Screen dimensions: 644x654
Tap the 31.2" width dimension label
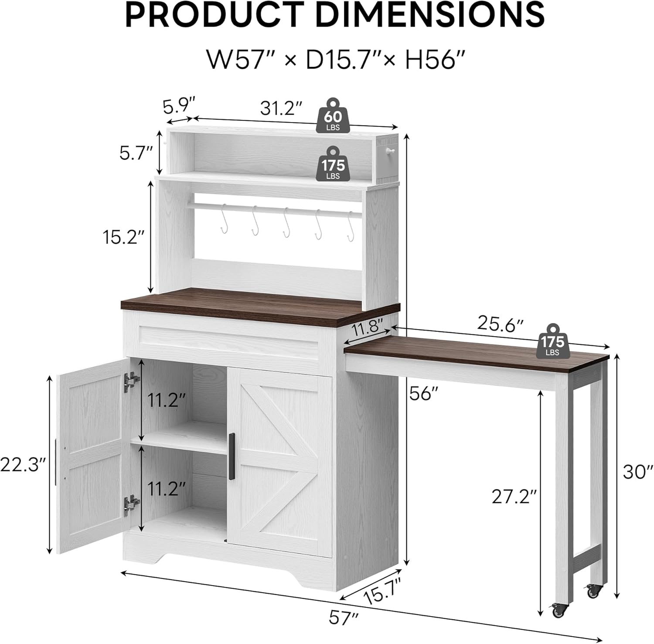(281, 108)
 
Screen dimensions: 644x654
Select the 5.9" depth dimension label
(178, 106)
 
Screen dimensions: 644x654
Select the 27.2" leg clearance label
(514, 496)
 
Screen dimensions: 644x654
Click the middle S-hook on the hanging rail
(286, 222)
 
